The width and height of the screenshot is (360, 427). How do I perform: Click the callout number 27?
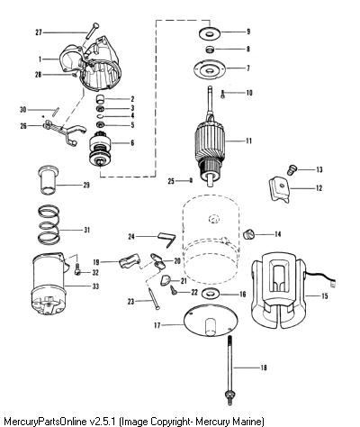click(39, 32)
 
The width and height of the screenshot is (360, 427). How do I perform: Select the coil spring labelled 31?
click(49, 224)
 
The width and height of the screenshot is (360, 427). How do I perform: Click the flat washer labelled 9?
click(210, 32)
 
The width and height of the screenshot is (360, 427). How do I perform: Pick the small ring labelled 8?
click(210, 50)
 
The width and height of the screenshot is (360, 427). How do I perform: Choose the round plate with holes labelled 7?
click(210, 69)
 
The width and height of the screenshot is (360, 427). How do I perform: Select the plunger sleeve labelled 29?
click(48, 179)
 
